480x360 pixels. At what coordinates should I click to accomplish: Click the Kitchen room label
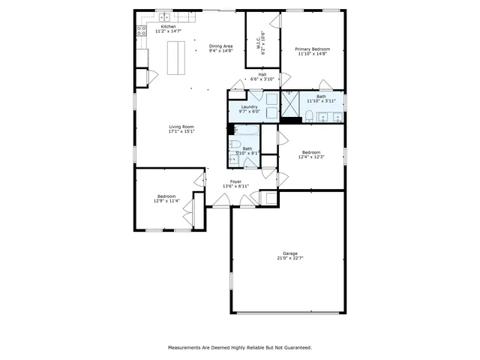[x=168, y=26]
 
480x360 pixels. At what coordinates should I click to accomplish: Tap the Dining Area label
[x=220, y=46]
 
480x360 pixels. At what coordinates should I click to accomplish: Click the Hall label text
[x=262, y=74]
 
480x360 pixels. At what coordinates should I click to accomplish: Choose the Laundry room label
[x=250, y=106]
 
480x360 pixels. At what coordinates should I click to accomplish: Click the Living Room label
[x=181, y=126]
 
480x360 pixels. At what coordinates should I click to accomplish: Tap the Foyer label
[x=235, y=181]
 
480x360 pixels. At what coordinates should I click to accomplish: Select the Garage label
[x=290, y=253]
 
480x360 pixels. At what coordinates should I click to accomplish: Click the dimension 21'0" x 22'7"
[x=290, y=258]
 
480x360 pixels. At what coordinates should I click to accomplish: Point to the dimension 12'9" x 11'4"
[x=166, y=200]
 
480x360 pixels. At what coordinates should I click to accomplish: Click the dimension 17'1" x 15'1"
[x=181, y=131]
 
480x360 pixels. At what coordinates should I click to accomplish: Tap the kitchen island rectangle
[x=175, y=58]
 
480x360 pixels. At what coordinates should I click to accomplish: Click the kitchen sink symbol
[x=163, y=16]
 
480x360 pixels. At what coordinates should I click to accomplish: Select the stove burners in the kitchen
[x=140, y=31]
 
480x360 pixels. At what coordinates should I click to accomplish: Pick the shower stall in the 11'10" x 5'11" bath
[x=289, y=106]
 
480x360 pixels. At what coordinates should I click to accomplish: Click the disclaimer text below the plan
[x=240, y=347]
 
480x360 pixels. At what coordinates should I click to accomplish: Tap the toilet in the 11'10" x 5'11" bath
[x=309, y=115]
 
